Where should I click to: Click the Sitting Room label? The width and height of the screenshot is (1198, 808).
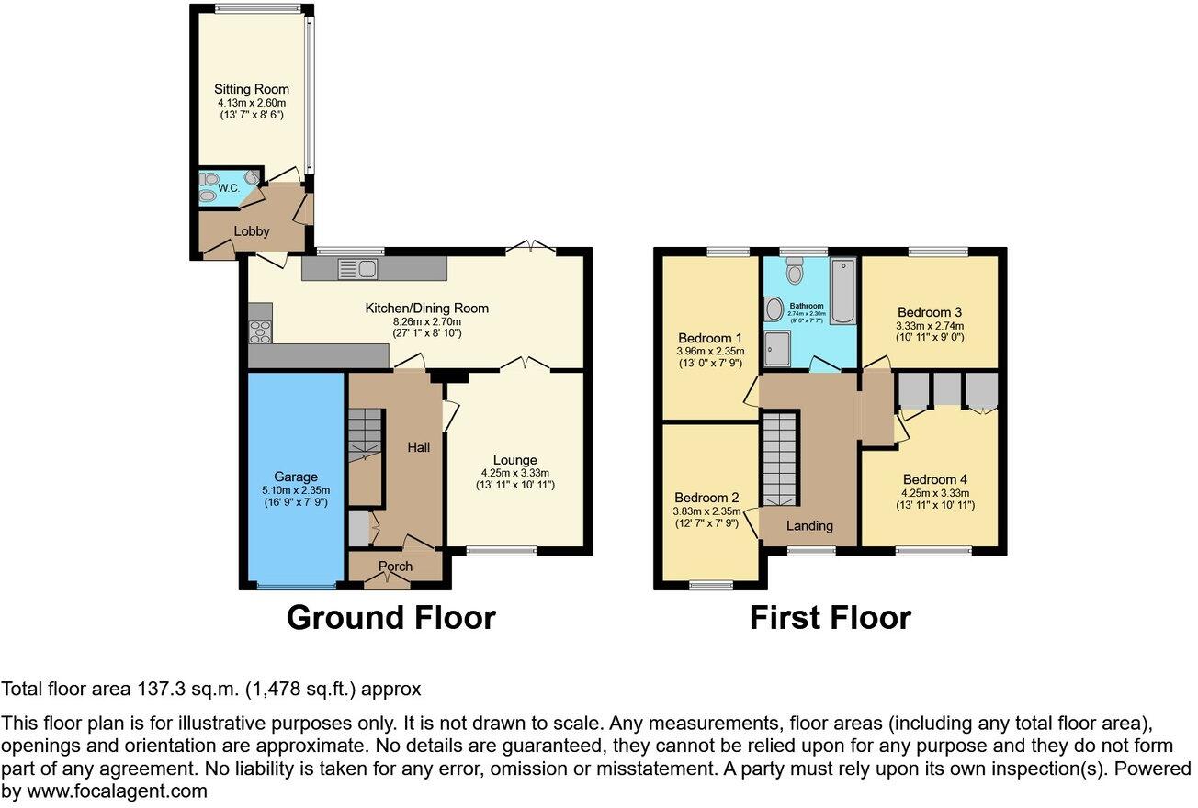click(x=252, y=89)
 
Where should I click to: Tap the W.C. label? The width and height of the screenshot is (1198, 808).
click(x=227, y=187)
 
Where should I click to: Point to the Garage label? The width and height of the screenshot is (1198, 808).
click(x=295, y=477)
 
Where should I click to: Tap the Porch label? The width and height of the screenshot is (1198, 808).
click(x=396, y=566)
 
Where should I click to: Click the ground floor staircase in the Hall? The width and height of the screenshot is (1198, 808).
click(x=364, y=433)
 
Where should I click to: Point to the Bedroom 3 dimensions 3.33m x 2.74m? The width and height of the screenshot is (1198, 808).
click(x=932, y=326)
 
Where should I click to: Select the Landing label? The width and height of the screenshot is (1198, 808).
click(x=809, y=525)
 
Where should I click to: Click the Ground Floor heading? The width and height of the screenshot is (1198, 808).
click(x=390, y=617)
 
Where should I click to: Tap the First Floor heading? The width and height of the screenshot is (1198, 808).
click(x=830, y=617)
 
